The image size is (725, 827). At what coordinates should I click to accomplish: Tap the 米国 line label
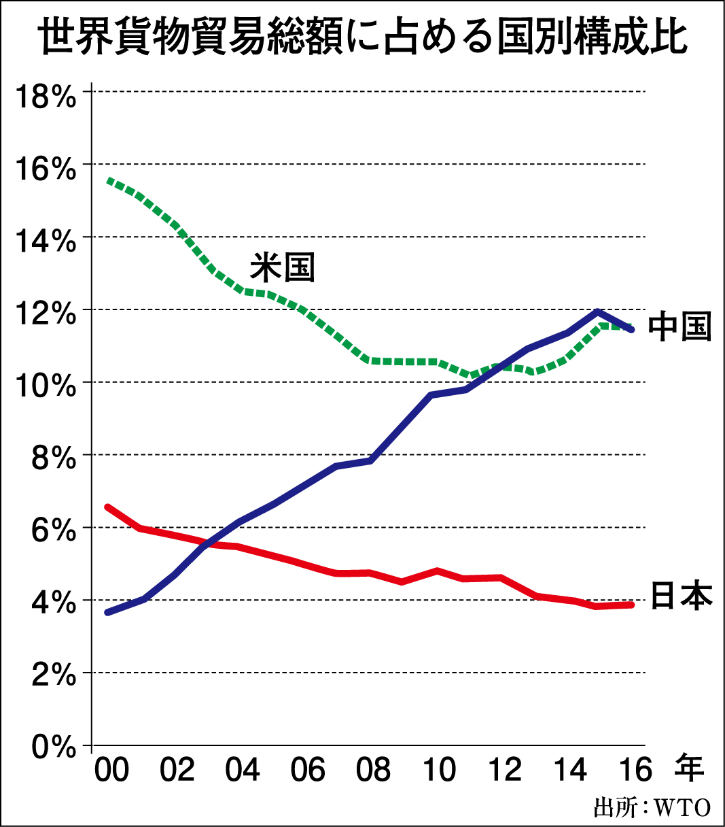[x=283, y=267]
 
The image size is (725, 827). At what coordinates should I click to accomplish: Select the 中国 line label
[x=679, y=327]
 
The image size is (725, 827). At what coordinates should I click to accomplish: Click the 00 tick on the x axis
[x=111, y=771]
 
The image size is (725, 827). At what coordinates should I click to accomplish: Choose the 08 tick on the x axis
[x=373, y=771]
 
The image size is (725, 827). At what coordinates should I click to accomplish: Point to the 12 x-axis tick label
[x=504, y=771]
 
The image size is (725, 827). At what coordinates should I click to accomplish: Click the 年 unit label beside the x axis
[x=689, y=769]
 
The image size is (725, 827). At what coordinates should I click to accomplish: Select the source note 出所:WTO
[x=652, y=808]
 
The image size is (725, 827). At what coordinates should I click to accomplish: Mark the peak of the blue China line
[x=597, y=312]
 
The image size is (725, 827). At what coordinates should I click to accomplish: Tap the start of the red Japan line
[x=107, y=507]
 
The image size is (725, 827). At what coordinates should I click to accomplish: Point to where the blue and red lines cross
[x=213, y=542]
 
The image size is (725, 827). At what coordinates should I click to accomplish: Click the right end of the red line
[x=632, y=605]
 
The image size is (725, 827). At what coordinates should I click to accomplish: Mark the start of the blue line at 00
[x=107, y=613]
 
